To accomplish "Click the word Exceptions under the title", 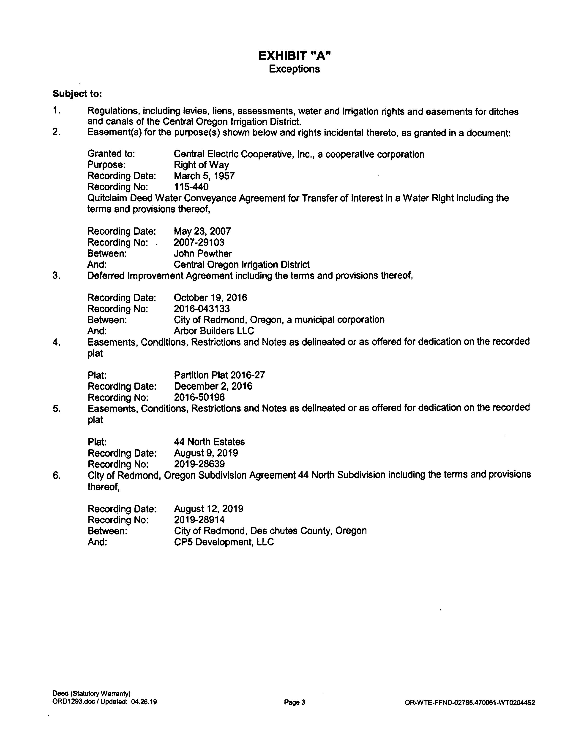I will (295, 69).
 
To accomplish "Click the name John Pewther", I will (203, 253).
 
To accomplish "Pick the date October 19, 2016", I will (210, 298).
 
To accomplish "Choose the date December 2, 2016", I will (213, 386).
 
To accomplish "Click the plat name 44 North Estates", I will (209, 442).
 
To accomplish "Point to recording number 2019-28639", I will (199, 464).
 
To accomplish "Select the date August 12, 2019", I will (208, 509).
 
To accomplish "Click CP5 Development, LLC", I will (224, 542).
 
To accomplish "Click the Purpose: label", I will (106, 165).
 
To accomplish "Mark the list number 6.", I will (57, 476).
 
